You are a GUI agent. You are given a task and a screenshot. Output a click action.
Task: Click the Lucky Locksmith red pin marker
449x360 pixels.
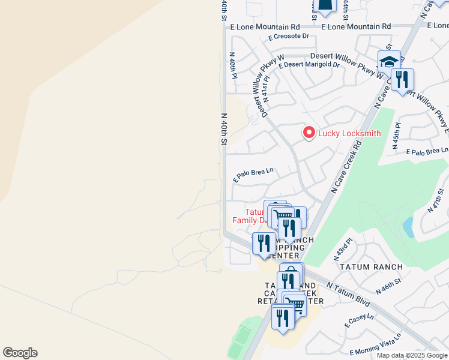coord(309,132)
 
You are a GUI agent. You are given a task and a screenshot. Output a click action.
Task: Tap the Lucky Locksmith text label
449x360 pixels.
coord(349,133)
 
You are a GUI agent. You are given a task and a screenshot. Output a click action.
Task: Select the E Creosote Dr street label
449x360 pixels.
coord(289,37)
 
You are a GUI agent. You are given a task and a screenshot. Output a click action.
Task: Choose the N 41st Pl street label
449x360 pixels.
coord(266,88)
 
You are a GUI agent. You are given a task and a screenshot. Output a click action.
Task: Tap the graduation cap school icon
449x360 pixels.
coord(388,62)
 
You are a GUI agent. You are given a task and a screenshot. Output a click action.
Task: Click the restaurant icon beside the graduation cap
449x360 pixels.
coord(402,79)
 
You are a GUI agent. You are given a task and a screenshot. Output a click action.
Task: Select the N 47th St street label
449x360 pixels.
coord(437,200)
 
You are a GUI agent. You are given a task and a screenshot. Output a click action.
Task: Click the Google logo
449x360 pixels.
coord(20,353)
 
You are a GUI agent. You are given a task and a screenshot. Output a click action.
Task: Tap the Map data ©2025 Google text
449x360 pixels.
coord(412,355)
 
